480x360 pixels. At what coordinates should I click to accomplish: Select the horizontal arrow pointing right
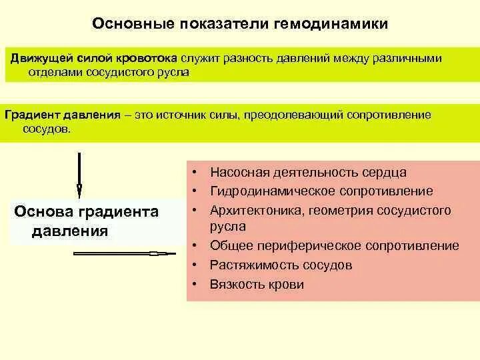(123, 253)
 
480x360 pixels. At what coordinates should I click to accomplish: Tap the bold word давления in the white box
(69, 231)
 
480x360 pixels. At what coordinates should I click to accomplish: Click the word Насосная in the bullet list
(240, 173)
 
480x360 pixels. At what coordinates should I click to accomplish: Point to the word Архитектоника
(255, 211)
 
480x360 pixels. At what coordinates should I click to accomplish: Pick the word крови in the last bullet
(289, 285)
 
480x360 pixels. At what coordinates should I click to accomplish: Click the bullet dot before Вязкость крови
(193, 284)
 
